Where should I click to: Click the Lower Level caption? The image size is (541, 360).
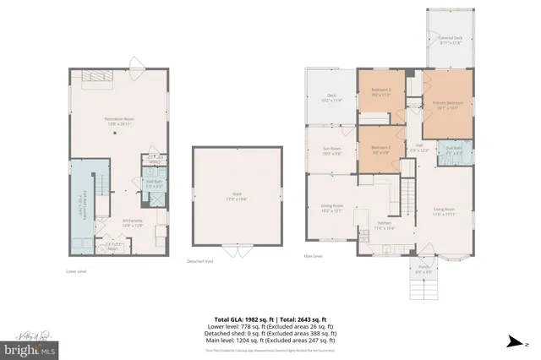[77, 271]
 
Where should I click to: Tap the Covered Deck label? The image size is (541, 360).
[449, 40]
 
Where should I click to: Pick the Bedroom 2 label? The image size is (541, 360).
[380, 150]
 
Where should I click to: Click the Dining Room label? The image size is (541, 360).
[332, 208]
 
